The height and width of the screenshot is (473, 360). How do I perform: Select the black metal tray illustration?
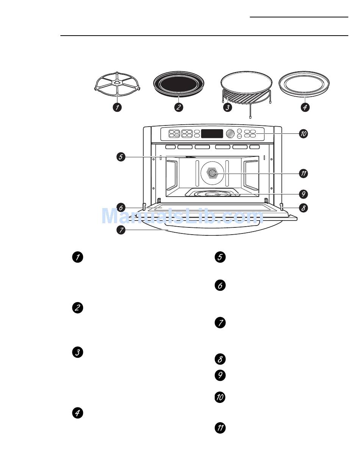tap(178, 85)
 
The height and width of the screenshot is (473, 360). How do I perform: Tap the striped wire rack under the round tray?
tap(246, 96)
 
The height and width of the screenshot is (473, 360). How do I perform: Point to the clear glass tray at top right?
tap(304, 84)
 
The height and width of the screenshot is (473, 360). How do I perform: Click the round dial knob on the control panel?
tap(230, 134)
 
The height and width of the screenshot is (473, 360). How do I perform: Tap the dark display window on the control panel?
tap(212, 134)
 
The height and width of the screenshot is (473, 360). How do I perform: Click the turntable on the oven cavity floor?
tap(213, 193)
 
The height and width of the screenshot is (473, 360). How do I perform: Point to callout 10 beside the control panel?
tap(303, 134)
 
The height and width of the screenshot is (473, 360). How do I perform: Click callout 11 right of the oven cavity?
tap(303, 174)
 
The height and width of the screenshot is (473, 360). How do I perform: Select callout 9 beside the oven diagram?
tap(303, 194)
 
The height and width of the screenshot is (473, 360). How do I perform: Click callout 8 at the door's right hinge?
tap(303, 208)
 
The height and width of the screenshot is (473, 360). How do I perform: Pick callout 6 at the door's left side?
tap(121, 208)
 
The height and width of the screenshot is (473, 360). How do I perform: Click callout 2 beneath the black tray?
tap(178, 107)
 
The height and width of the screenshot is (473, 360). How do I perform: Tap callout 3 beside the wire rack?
tap(227, 107)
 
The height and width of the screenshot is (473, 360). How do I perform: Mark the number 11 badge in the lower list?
tap(220, 428)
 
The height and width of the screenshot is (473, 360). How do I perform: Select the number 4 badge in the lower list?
tap(77, 413)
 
